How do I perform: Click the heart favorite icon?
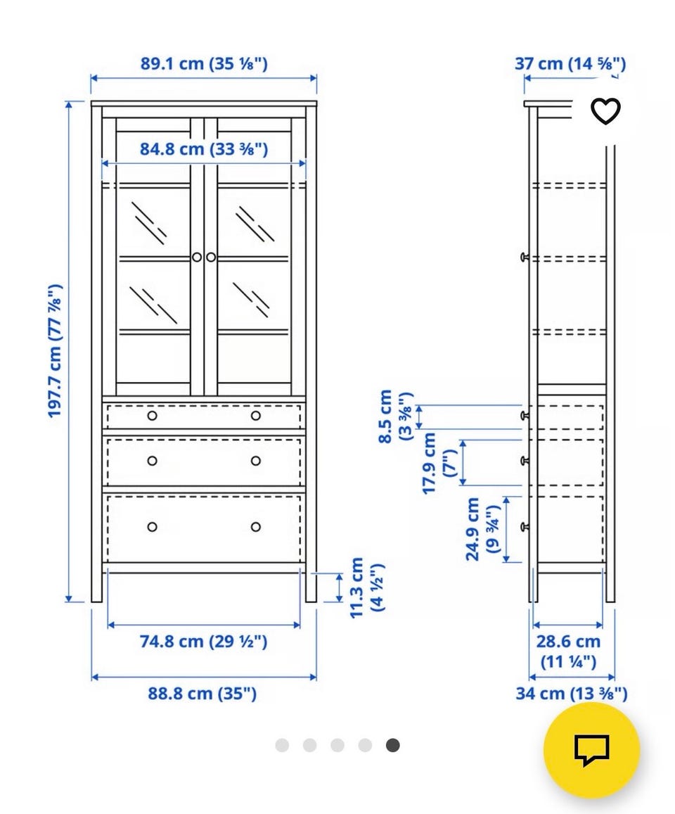(x=605, y=111)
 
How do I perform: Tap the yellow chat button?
(x=591, y=750)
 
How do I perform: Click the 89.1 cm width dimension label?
(x=204, y=64)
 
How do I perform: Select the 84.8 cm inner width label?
(x=204, y=149)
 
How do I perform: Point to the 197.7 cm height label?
(x=55, y=350)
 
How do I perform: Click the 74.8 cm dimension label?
(x=203, y=641)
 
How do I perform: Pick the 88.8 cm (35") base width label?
(x=202, y=693)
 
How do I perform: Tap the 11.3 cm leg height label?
(x=366, y=587)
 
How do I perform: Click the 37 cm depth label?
(x=570, y=64)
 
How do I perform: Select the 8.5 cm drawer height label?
(x=395, y=416)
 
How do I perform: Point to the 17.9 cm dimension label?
(x=439, y=463)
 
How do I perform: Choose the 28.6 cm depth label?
(x=568, y=651)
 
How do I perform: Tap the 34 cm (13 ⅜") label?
(x=571, y=693)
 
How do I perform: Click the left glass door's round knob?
(x=197, y=257)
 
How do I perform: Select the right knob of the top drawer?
(x=256, y=416)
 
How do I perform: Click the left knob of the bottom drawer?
(x=152, y=527)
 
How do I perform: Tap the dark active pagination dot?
(x=393, y=746)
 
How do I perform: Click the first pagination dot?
(x=282, y=746)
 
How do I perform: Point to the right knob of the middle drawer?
(x=256, y=461)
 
